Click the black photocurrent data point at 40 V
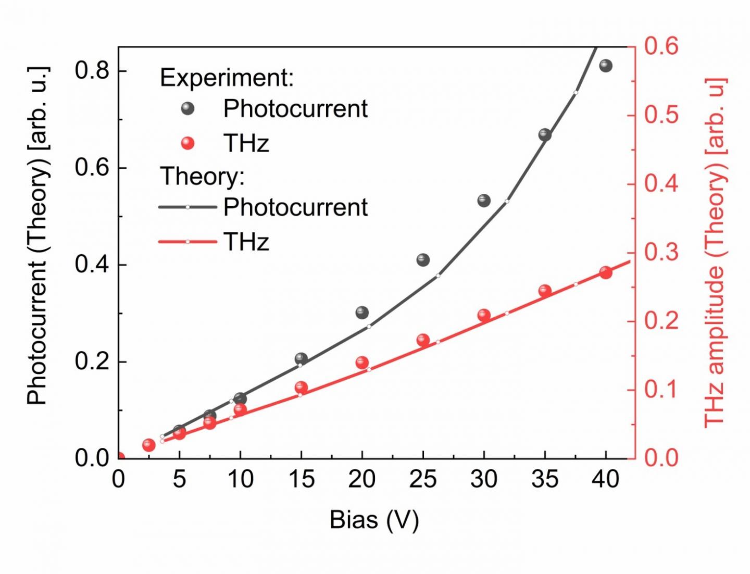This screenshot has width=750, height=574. click(605, 66)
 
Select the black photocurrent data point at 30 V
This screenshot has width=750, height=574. click(484, 201)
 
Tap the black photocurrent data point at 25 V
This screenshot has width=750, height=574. click(423, 260)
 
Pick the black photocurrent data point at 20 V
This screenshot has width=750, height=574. click(362, 313)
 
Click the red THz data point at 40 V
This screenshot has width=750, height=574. click(605, 272)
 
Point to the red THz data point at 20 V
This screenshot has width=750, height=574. click(362, 363)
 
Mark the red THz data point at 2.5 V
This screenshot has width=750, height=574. click(149, 445)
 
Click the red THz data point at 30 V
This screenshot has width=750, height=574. click(484, 315)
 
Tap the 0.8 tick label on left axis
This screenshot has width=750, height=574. click(92, 70)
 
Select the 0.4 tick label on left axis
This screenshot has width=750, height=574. click(92, 265)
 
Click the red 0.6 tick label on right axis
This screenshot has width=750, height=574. click(661, 46)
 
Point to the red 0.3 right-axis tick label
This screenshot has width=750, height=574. click(661, 253)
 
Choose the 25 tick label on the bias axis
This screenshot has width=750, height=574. click(423, 480)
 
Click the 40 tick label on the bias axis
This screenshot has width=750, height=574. click(605, 480)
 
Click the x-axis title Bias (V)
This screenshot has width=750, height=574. click(374, 520)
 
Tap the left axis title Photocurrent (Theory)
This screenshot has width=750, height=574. click(37, 235)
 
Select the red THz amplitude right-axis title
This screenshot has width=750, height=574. click(715, 253)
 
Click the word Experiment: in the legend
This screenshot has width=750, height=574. click(227, 78)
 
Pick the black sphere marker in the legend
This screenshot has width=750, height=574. click(187, 108)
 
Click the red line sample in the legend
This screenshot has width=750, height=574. click(187, 242)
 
